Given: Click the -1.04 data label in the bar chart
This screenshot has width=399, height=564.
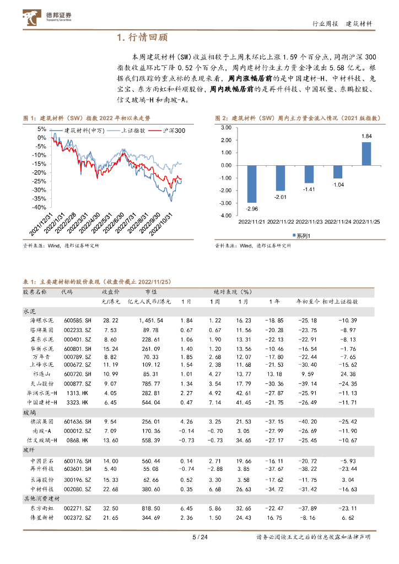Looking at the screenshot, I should point(337,185).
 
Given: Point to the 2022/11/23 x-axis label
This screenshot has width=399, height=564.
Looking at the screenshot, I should point(309,221).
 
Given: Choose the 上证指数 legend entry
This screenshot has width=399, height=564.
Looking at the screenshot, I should point(131,131).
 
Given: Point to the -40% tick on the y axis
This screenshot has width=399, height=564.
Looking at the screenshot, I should point(39,208).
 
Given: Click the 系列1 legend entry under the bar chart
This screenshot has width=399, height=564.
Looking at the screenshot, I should point(304,236).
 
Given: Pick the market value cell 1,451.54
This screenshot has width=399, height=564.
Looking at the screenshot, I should point(151,321).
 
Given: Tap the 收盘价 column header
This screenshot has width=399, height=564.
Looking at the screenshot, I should point(111,292).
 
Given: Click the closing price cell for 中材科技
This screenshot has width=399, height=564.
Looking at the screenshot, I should point(110,489).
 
